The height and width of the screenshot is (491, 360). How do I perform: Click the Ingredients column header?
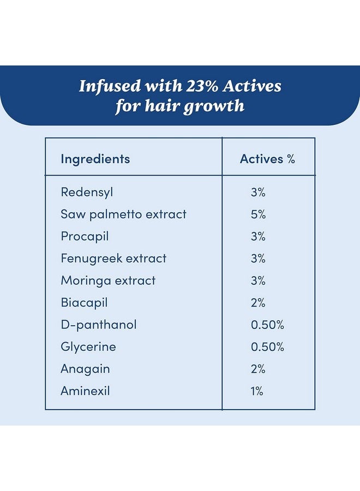click(95, 159)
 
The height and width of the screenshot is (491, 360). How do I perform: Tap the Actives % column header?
click(267, 159)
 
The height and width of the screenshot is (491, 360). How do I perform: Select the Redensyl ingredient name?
click(87, 192)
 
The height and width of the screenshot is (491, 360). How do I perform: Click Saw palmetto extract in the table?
click(123, 214)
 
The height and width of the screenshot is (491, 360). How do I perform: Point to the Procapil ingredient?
click(85, 236)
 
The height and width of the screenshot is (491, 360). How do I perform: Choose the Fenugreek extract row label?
click(113, 259)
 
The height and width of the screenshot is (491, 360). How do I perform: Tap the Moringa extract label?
click(108, 280)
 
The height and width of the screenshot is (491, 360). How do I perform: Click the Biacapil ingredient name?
click(84, 303)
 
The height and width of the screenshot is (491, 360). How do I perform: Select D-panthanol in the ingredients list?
click(98, 325)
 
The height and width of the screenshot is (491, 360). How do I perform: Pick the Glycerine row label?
click(88, 347)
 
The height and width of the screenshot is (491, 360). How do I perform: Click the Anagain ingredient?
click(85, 369)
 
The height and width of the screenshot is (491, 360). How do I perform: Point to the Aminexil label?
click(85, 391)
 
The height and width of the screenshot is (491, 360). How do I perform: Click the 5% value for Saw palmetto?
click(258, 214)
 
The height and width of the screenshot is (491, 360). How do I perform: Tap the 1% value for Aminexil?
click(257, 391)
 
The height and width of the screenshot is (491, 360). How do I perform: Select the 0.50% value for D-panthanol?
click(267, 325)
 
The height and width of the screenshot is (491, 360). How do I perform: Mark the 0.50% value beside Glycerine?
click(267, 347)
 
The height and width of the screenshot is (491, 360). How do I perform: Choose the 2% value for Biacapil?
click(258, 303)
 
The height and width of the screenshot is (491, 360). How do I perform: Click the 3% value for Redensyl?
click(258, 192)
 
